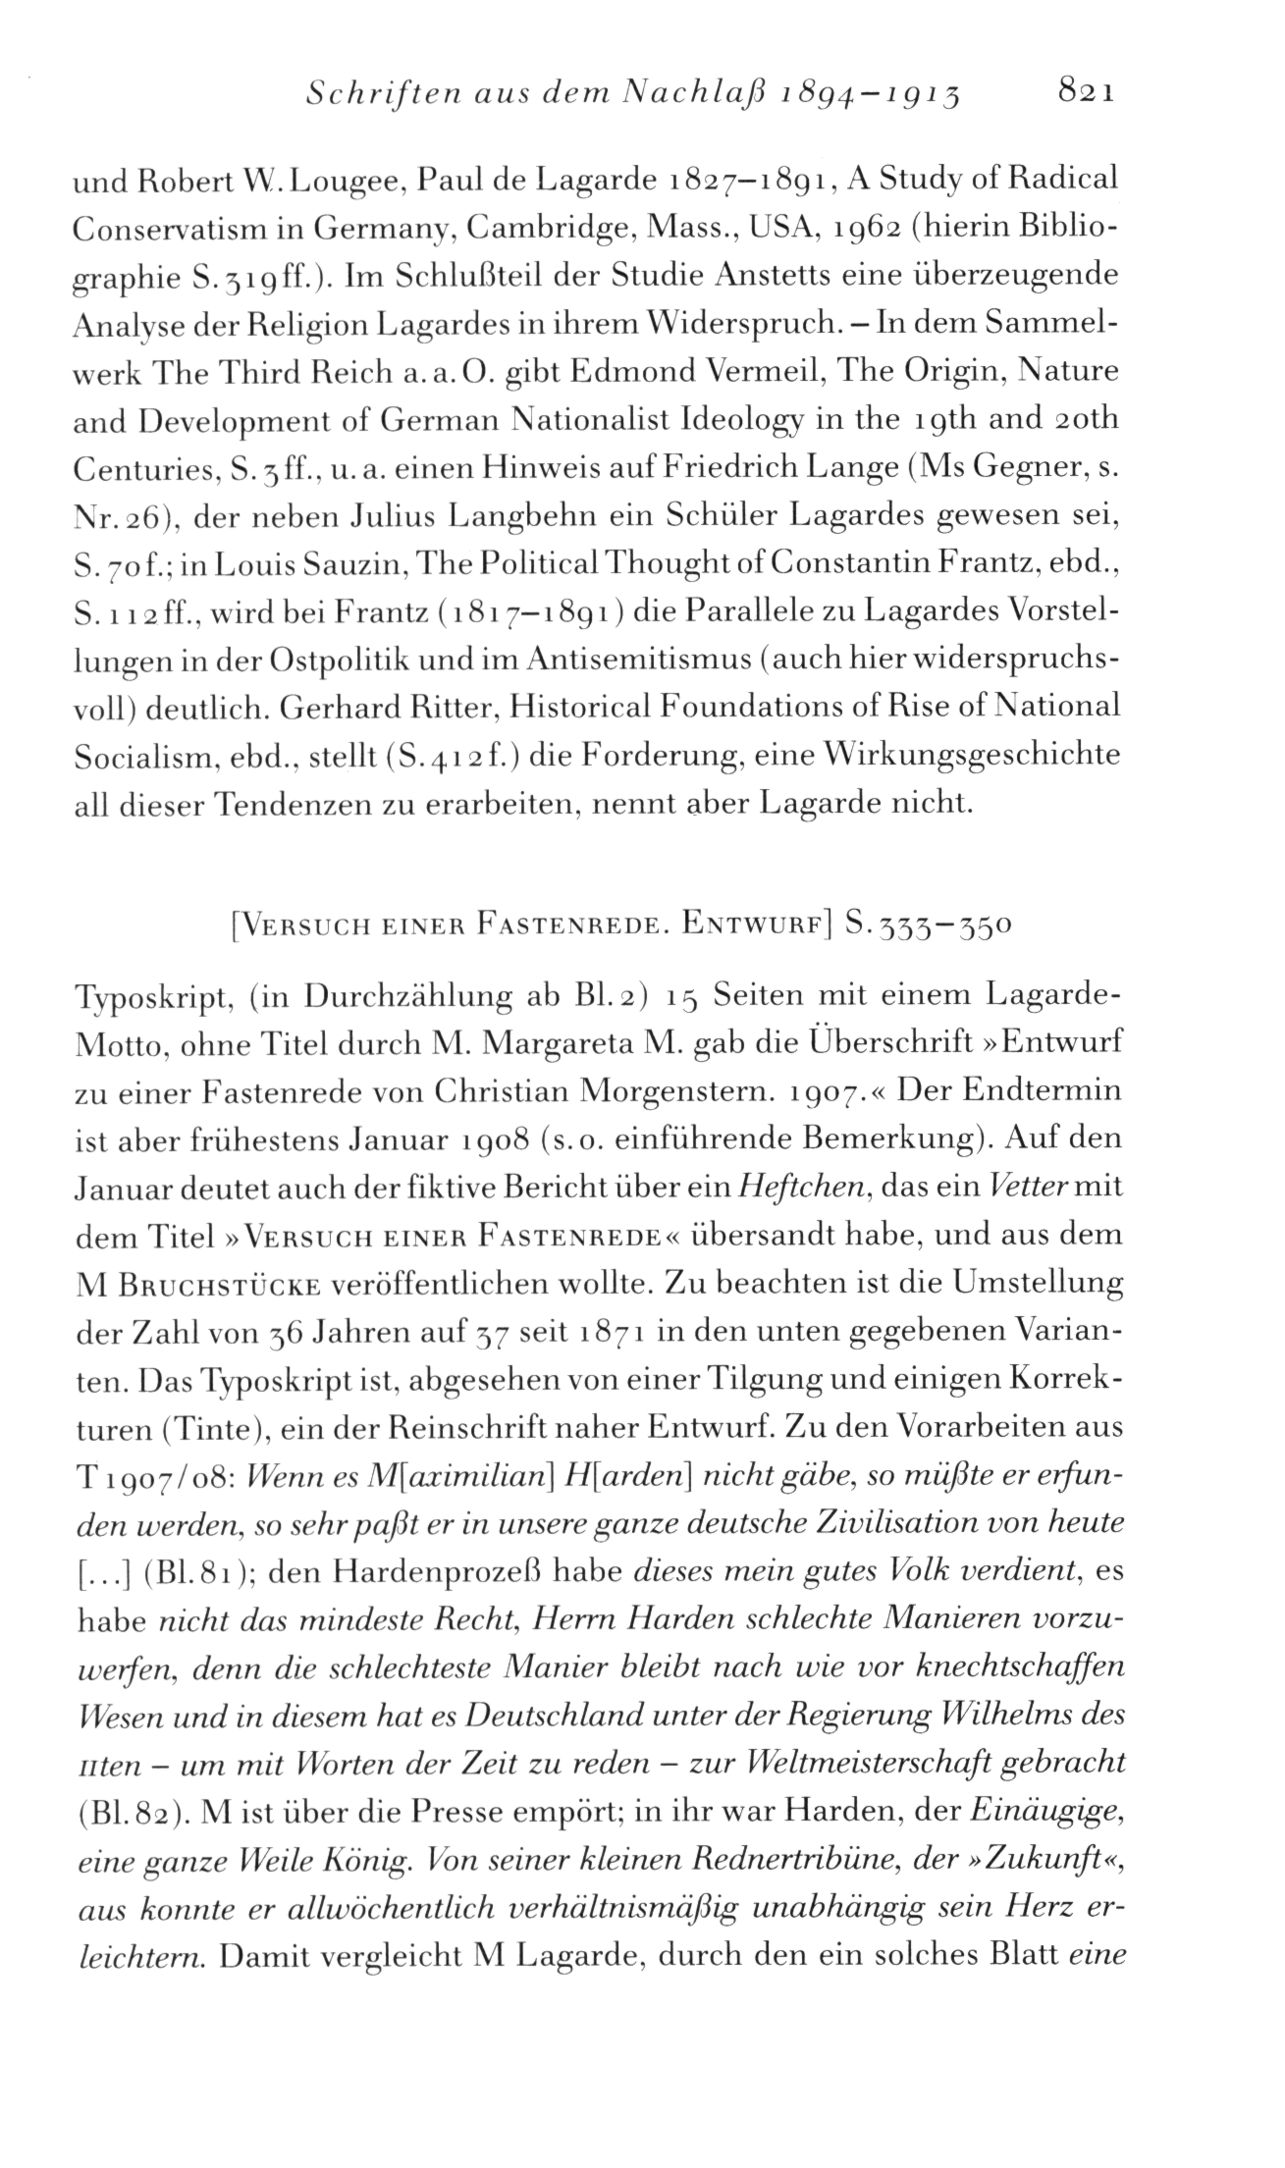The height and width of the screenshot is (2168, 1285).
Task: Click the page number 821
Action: [x=1085, y=93]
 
